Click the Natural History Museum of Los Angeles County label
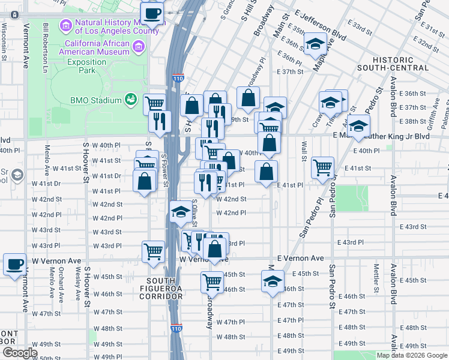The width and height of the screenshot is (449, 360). click(x=111, y=26)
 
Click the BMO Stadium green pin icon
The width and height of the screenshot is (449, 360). click(x=130, y=99)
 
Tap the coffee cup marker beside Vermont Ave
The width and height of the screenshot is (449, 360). click(x=14, y=263)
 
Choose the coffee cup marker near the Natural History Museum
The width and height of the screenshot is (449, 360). click(x=152, y=13)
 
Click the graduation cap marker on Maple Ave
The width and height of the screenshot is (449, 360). click(x=315, y=44)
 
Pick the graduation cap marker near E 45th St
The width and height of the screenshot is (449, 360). click(x=273, y=281)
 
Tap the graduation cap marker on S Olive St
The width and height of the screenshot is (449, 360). click(x=180, y=212)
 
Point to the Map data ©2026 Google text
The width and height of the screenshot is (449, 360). click(x=412, y=355)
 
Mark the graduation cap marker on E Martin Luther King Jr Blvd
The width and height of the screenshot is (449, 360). click(x=358, y=127)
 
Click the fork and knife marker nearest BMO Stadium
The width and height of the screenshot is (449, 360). click(x=160, y=121)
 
